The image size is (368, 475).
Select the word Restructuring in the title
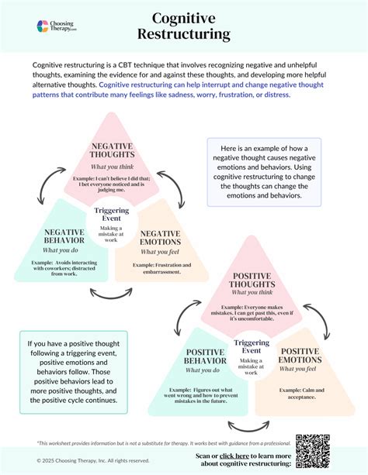[x=183, y=34]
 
